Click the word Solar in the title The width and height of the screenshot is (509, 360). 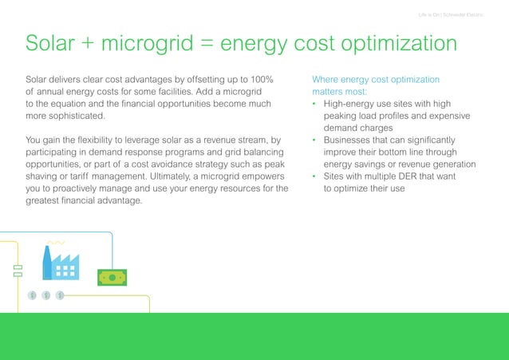pyautogui.click(x=56, y=44)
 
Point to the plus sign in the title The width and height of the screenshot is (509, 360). pyautogui.click(x=98, y=45)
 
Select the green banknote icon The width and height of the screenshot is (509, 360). pyautogui.click(x=112, y=277)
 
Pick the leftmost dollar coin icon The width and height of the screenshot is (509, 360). pyautogui.click(x=31, y=295)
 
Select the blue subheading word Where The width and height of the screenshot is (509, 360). pyautogui.click(x=327, y=80)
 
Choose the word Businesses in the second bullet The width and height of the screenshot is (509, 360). pyautogui.click(x=350, y=140)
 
